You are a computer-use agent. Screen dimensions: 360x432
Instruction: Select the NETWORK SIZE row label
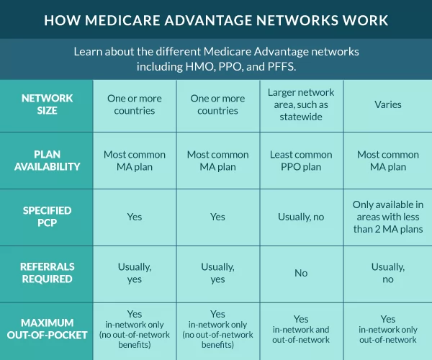[x=47, y=105]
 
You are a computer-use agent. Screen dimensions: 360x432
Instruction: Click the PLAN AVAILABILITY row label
[x=47, y=161]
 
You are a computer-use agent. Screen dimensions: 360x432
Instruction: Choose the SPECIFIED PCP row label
[x=47, y=217]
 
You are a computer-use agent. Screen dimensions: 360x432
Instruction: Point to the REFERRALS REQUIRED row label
[x=47, y=273]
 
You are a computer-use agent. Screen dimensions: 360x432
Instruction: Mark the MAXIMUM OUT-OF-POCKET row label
[x=47, y=329]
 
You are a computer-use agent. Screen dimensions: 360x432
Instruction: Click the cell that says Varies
[x=387, y=104]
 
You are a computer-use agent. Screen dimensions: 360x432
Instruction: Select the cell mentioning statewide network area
[x=301, y=104]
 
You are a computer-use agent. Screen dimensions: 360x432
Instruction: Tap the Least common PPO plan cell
[x=301, y=161]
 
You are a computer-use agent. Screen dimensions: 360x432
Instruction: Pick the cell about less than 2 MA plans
[x=387, y=217]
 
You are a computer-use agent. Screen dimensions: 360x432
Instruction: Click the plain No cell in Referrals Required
[x=301, y=273]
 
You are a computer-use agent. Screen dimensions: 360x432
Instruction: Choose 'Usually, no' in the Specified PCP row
[x=301, y=217]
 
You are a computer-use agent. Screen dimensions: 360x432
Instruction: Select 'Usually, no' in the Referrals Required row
[x=387, y=273]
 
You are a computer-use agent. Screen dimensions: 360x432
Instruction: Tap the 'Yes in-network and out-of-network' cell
[x=301, y=329]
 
